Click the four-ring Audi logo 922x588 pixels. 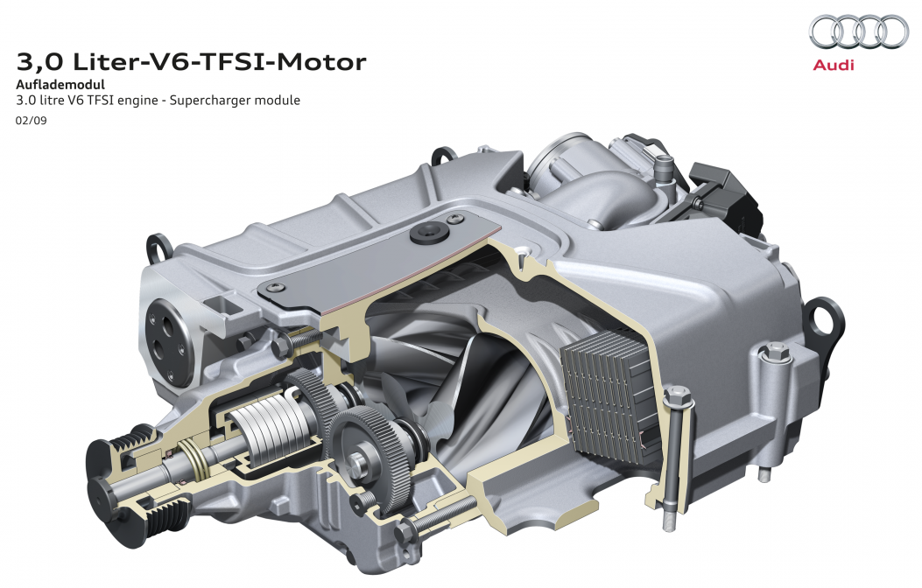[858, 31]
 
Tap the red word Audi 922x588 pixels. [834, 65]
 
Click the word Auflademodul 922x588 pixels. [60, 84]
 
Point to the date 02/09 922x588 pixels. [32, 121]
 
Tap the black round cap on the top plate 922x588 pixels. [429, 233]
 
